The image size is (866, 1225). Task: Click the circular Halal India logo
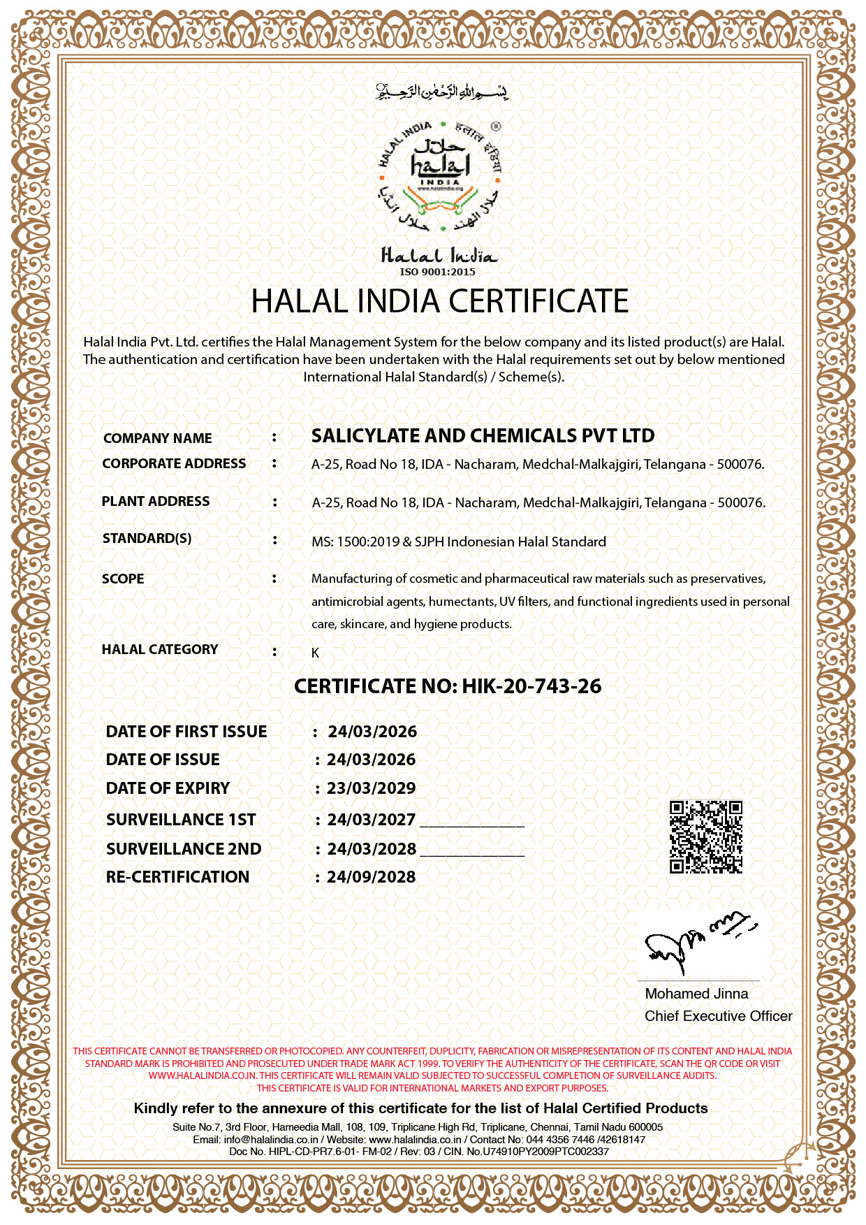(x=440, y=177)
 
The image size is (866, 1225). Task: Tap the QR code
(x=705, y=836)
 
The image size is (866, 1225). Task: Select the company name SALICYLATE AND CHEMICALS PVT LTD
(x=483, y=436)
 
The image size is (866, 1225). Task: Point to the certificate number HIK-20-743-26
(x=531, y=686)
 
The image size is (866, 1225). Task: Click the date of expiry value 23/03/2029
(x=371, y=788)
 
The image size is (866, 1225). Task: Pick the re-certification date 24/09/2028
(x=371, y=877)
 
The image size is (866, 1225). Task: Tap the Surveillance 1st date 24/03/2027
(x=371, y=820)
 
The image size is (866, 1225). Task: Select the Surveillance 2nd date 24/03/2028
(x=371, y=849)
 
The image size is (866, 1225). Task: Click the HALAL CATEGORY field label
(x=160, y=650)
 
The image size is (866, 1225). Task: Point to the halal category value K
(x=316, y=653)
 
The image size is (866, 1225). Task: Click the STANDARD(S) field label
(x=147, y=539)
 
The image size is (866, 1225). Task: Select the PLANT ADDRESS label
(x=156, y=502)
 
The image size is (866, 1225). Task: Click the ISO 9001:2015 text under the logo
(x=437, y=272)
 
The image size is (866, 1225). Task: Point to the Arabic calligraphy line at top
(x=441, y=92)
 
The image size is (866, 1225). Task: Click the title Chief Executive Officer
(x=718, y=1016)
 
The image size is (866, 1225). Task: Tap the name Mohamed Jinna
(x=696, y=994)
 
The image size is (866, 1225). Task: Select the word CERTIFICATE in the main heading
(x=538, y=301)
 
